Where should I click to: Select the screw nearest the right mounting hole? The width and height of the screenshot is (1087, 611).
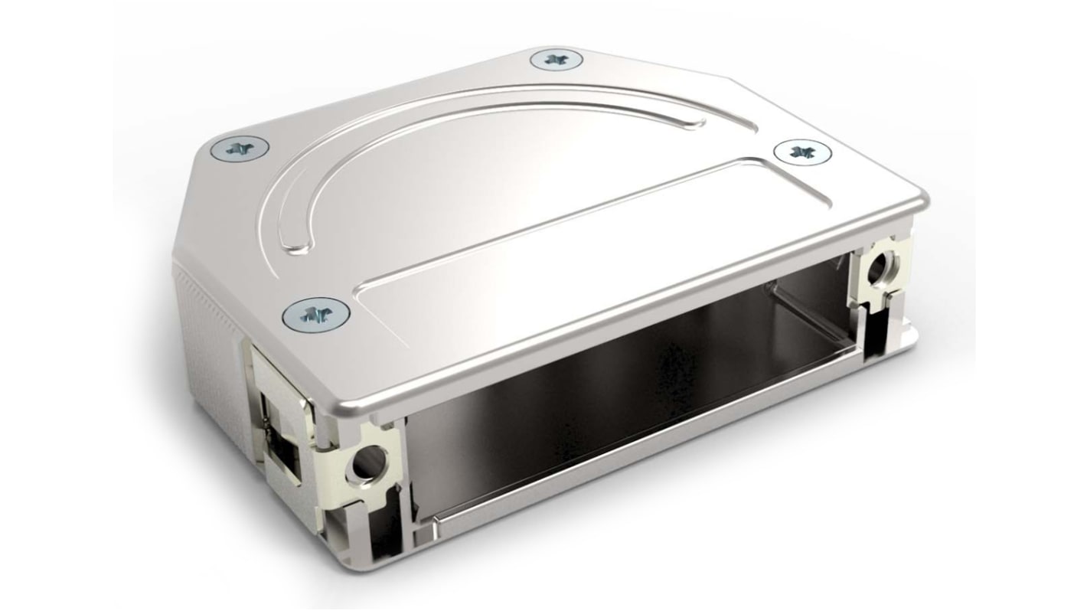pyautogui.click(x=801, y=152)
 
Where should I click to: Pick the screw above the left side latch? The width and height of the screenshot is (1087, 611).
pyautogui.click(x=315, y=314)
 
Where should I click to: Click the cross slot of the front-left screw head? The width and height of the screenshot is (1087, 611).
pyautogui.click(x=315, y=314)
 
